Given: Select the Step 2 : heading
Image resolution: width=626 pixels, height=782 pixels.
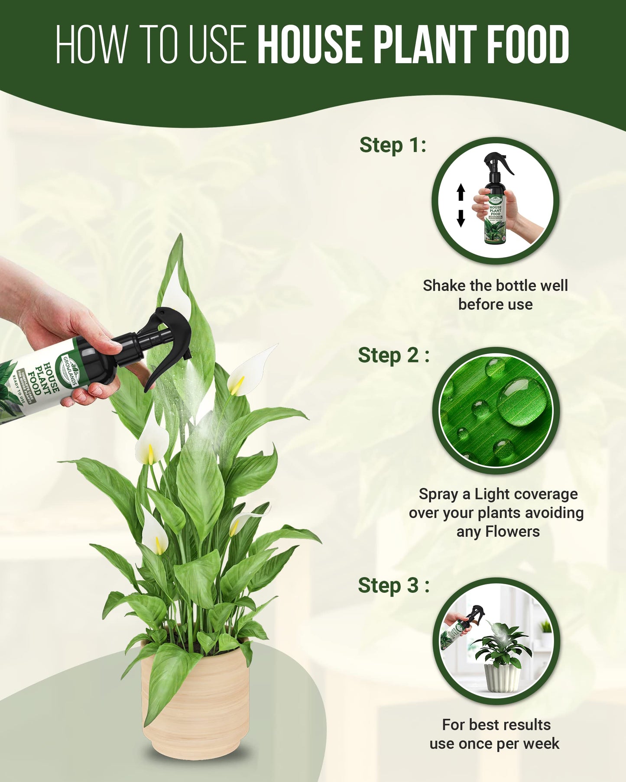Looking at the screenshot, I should pos(393,355).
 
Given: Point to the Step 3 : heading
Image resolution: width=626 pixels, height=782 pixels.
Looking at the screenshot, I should pos(393,585).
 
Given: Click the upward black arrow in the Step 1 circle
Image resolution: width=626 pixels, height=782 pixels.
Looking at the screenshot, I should pos(461,192).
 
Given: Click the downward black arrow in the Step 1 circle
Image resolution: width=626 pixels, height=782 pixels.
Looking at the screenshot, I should pos(461,218).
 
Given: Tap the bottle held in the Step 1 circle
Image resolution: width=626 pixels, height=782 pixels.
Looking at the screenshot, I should pos(496,208).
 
